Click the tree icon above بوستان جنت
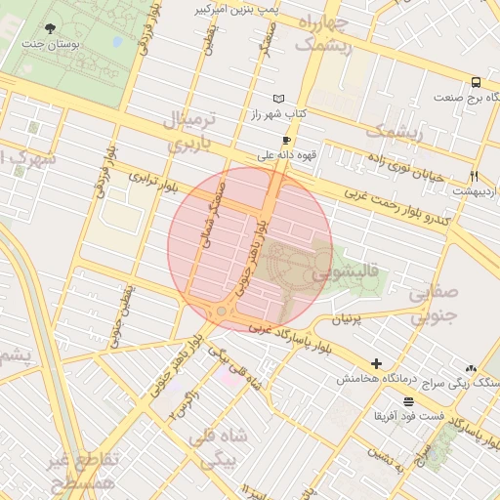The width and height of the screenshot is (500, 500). pos(52,28)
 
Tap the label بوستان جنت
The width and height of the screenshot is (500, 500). pos(52,44)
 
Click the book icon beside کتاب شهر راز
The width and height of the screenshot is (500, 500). pos(280,100)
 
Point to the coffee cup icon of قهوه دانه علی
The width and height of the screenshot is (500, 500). pos(286,140)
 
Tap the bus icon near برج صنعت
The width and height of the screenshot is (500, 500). pos(476,83)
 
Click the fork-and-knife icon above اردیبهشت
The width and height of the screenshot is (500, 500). pos(474,177)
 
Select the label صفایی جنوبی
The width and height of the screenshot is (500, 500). pos(432,304)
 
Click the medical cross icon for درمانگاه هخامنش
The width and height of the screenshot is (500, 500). pos(377,363)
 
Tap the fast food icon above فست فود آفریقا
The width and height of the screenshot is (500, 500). pos(407,401)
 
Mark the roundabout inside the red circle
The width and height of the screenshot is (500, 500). pos(222,311)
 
